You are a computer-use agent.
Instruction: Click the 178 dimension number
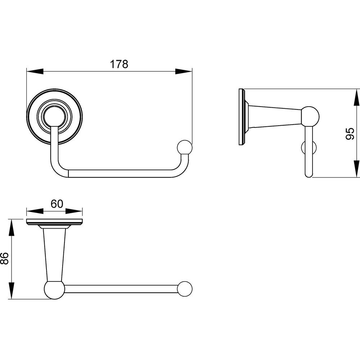[x=119, y=64]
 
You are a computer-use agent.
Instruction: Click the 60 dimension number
[x=57, y=204]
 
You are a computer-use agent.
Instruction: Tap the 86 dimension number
[x=4, y=258]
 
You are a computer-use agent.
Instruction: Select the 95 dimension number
[x=350, y=134]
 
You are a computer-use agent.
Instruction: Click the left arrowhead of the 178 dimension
[x=35, y=71]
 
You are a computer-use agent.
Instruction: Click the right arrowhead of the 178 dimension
[x=184, y=71]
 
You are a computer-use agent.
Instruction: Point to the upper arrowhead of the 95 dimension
[x=356, y=97]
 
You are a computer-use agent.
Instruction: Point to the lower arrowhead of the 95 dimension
[x=356, y=169]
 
